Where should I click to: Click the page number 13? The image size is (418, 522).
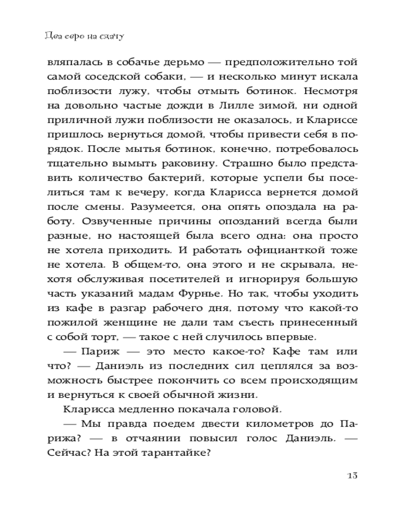[351, 476]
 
